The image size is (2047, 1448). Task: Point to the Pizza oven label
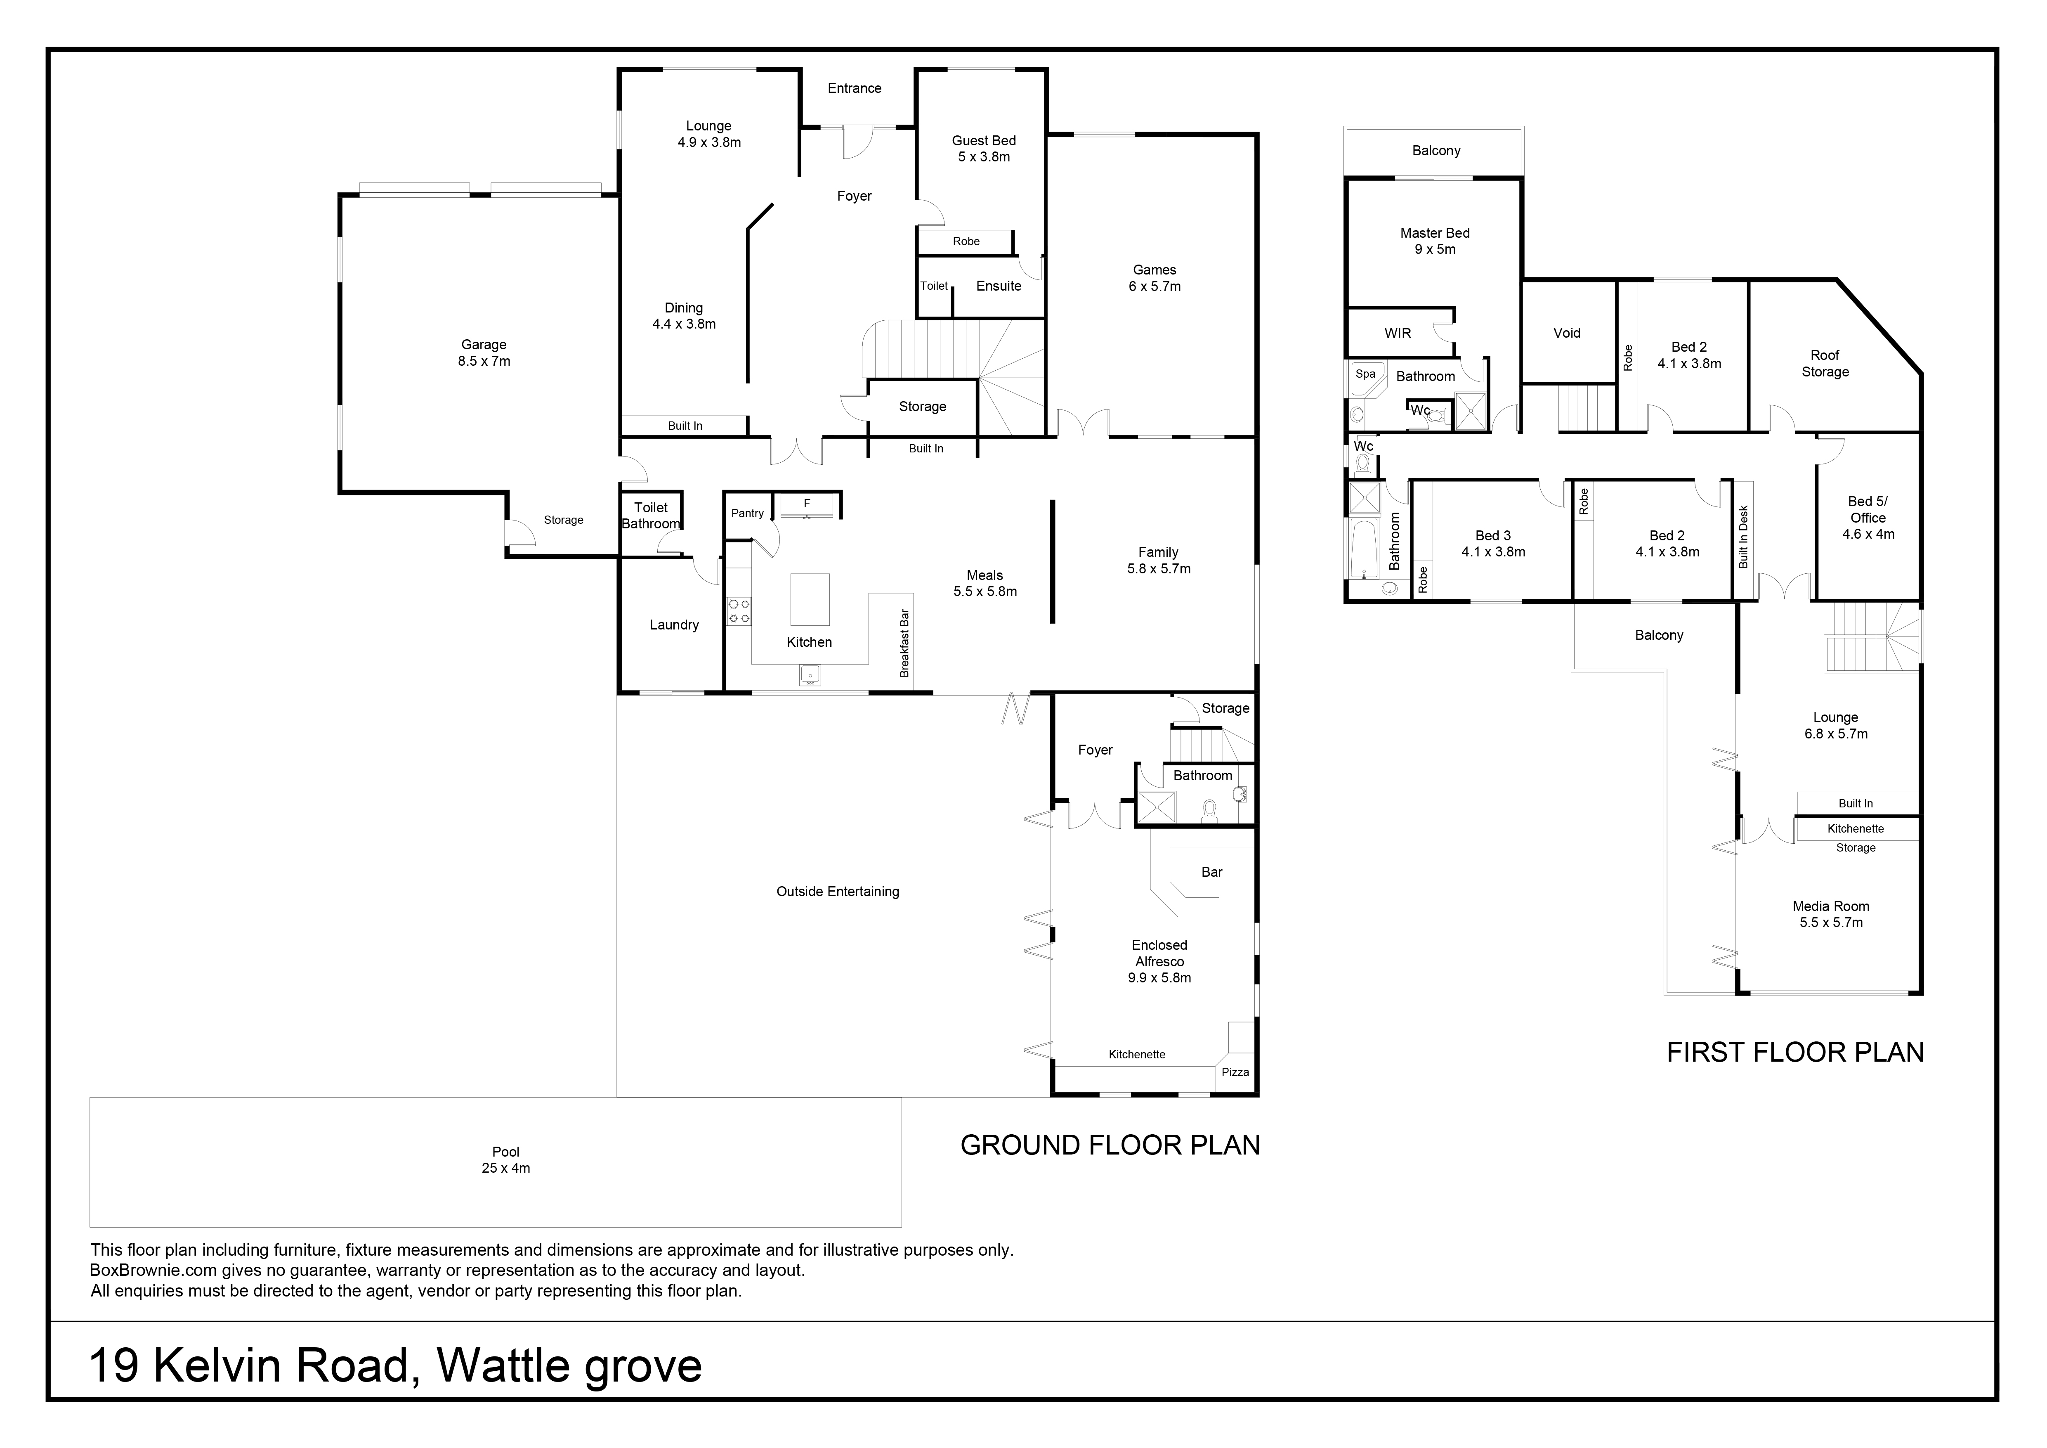click(1235, 1072)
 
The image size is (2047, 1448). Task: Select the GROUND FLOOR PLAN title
click(1110, 1145)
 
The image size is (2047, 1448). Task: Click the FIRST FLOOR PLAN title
click(1796, 1052)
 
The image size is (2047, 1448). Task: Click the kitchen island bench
click(810, 599)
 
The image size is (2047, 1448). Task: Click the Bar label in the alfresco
click(1211, 872)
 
